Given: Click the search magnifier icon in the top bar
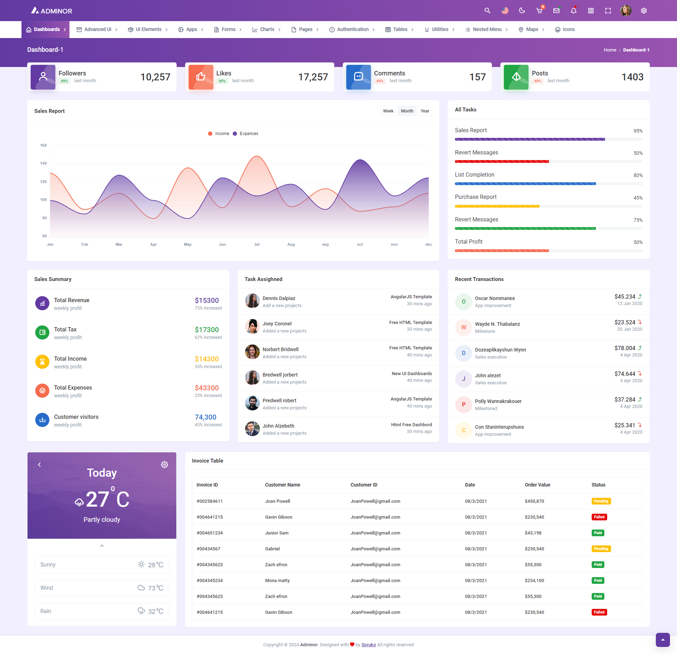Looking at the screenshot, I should [x=487, y=11].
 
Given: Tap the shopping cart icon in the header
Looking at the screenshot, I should [x=539, y=11].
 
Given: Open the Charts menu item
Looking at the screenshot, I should [x=267, y=30].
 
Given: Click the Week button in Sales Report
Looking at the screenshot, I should [x=388, y=111].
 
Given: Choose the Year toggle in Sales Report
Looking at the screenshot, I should [x=425, y=111].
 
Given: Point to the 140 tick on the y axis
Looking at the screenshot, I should [x=43, y=164].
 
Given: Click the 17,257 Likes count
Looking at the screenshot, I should [x=313, y=77].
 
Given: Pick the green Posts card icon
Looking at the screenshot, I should [x=516, y=77].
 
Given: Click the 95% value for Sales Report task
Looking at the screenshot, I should [x=638, y=131].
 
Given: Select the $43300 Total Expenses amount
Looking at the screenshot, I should [x=207, y=388].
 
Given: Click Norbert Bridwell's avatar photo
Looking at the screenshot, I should [x=252, y=352].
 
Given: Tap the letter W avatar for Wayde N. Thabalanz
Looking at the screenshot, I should [x=464, y=327].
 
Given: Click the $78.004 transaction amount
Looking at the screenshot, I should [x=624, y=348].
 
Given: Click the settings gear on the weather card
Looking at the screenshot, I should [x=164, y=465].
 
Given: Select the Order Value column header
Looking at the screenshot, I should [x=537, y=485].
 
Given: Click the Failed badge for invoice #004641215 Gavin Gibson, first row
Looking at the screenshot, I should [x=599, y=517].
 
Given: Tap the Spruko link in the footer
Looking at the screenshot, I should [x=368, y=645].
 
